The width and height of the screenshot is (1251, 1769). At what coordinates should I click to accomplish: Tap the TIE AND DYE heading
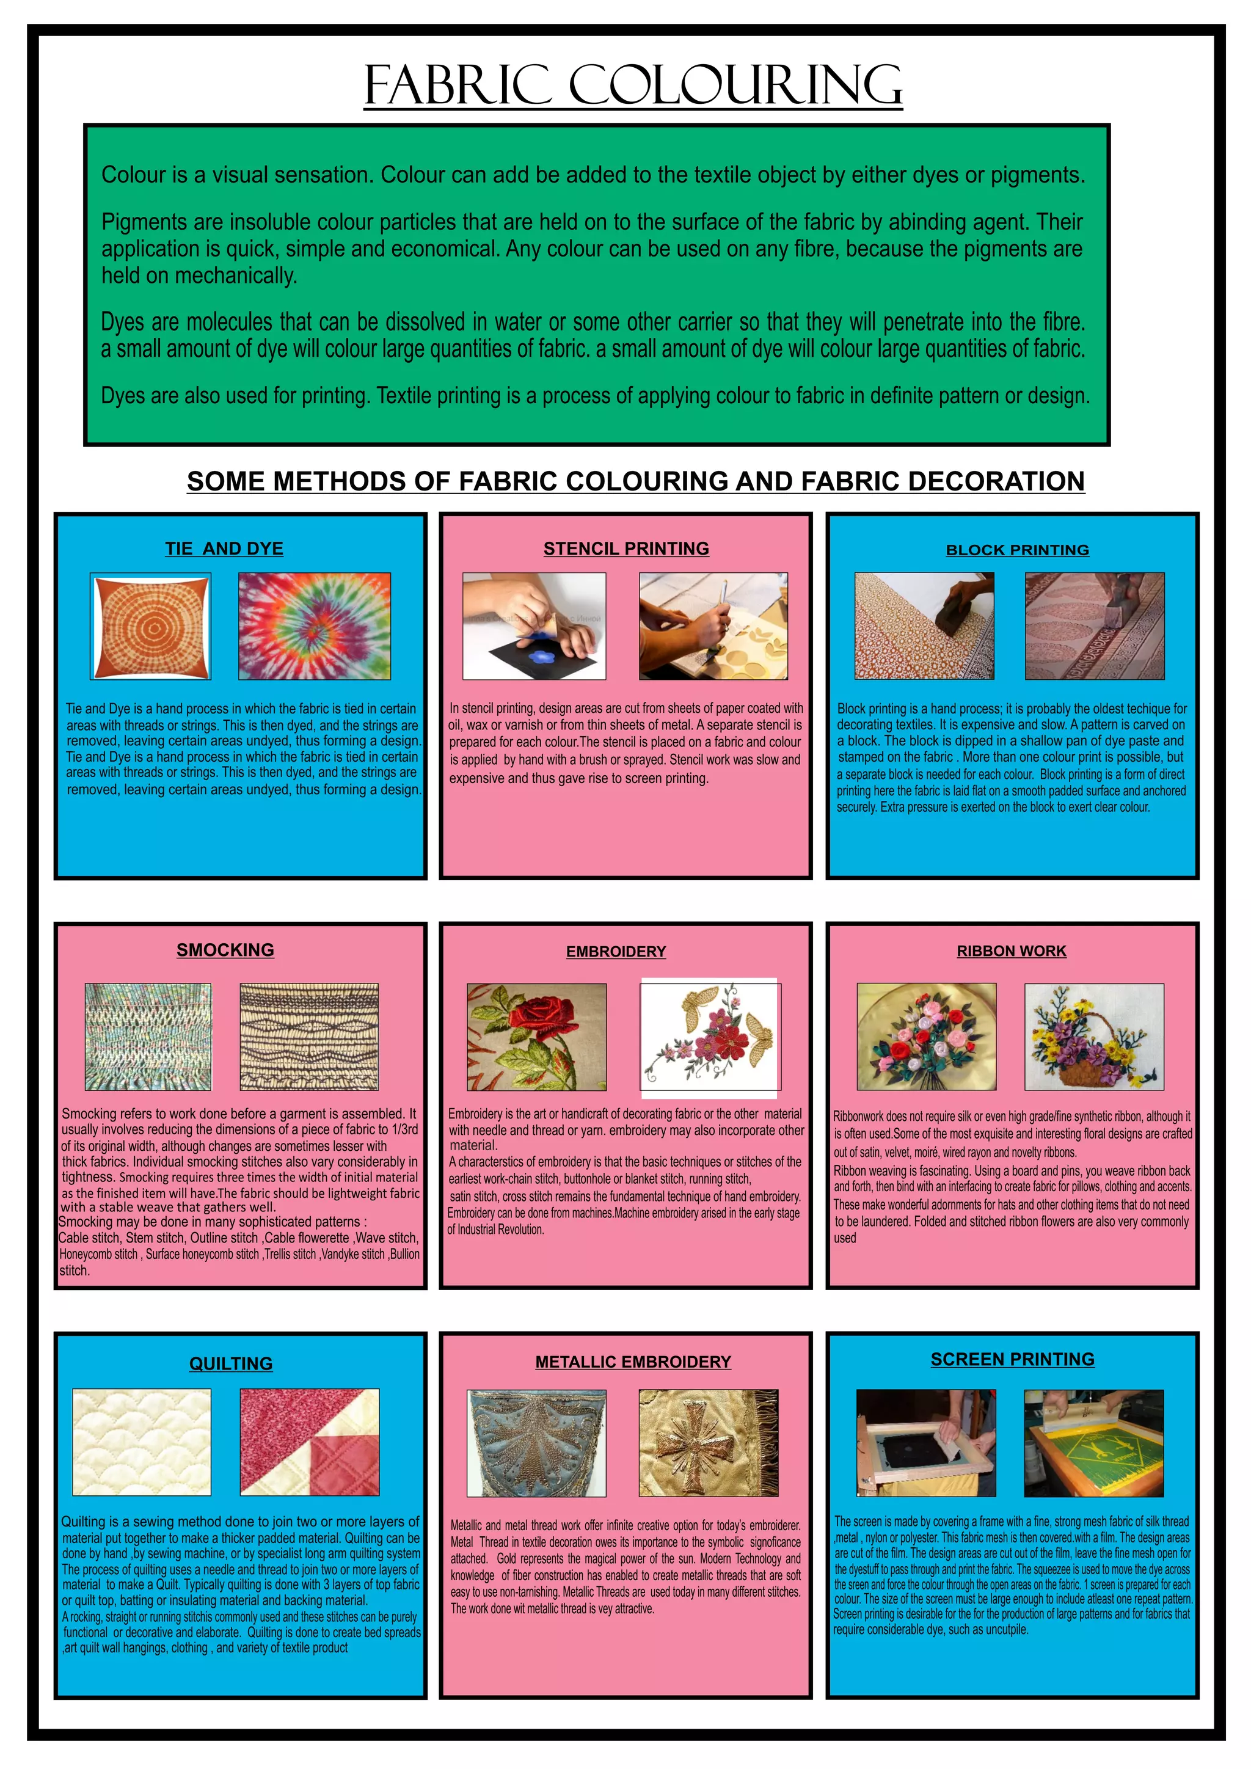(224, 549)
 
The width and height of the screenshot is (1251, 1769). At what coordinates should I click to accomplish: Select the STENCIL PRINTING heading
(626, 549)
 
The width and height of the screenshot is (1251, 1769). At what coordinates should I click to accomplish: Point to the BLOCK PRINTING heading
(1017, 550)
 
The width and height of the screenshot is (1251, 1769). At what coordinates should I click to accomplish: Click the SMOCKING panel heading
(225, 950)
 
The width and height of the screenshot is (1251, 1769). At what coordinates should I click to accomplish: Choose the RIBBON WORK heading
(1012, 950)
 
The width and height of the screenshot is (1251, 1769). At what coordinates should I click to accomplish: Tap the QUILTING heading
(231, 1364)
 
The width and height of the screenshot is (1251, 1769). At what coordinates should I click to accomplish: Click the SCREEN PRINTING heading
(1012, 1359)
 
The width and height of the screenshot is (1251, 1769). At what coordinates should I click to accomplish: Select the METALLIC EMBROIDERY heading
(633, 1362)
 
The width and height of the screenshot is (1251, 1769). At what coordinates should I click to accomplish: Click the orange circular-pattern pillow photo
(151, 626)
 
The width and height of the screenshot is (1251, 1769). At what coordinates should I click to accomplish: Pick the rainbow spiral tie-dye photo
(315, 626)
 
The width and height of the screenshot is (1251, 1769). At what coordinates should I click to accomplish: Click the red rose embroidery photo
(536, 1036)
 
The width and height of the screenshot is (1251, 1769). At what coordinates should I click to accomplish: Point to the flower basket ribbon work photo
(1094, 1036)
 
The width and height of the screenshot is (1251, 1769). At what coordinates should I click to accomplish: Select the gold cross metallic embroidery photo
(708, 1442)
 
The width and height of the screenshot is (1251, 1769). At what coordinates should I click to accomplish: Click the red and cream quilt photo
(310, 1442)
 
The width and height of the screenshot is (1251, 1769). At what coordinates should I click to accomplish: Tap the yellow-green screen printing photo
(1094, 1442)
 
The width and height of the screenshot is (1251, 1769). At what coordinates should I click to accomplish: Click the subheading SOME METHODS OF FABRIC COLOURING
(635, 481)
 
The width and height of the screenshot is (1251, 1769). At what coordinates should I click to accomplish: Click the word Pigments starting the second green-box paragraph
(144, 223)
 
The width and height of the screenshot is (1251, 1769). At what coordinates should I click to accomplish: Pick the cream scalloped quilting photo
(142, 1442)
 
